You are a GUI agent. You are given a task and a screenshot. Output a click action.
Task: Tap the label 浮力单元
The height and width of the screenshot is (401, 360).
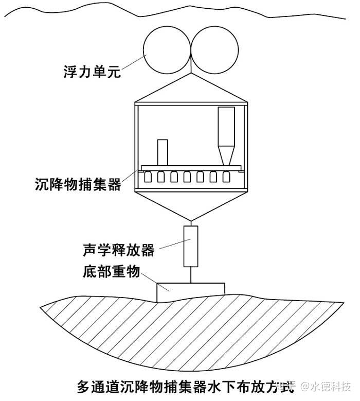[92, 72]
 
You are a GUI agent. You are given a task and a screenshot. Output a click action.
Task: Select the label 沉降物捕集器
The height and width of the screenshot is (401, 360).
[78, 184]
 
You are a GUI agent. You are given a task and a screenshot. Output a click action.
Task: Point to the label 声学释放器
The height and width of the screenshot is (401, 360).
[119, 250]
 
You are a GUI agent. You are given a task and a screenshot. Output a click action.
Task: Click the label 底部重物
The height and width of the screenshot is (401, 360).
[112, 272]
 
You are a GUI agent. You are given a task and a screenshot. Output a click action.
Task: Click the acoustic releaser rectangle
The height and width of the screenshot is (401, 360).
[191, 246]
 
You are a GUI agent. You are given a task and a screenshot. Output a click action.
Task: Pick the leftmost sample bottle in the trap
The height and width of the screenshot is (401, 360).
[148, 177]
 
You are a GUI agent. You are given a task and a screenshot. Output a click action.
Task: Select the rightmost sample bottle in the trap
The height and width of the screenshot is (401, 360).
[226, 177]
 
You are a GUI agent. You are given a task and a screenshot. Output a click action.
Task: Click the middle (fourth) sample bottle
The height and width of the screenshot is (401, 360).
[187, 177]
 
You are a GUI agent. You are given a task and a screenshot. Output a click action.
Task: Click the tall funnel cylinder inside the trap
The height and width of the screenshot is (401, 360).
[226, 127]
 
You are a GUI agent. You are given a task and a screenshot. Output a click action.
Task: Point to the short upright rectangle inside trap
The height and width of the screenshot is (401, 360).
[163, 152]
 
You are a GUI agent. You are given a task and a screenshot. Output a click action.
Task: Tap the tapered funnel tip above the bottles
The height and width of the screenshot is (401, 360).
[226, 156]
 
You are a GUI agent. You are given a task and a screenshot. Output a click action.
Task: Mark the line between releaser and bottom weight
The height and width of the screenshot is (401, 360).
[191, 275]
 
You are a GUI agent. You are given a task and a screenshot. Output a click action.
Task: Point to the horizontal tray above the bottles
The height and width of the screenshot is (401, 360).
[191, 168]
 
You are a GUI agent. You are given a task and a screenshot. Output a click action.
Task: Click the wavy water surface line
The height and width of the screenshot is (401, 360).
[175, 11]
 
